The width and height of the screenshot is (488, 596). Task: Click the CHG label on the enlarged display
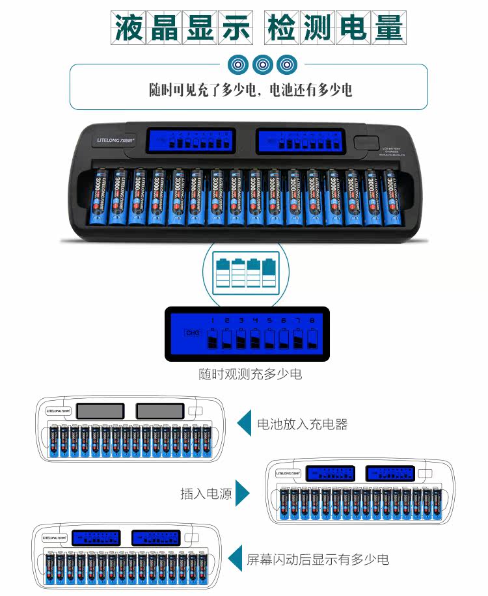[192, 333]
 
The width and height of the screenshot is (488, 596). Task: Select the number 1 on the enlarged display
[211, 320]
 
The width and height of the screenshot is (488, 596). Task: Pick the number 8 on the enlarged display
[313, 320]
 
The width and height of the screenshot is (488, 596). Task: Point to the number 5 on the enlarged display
[269, 320]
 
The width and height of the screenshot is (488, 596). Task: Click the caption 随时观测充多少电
[250, 374]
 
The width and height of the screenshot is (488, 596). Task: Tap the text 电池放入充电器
[303, 424]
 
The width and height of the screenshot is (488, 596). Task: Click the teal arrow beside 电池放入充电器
[245, 424]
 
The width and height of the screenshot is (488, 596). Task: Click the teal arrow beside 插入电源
[242, 493]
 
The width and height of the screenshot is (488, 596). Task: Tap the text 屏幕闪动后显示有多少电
[318, 558]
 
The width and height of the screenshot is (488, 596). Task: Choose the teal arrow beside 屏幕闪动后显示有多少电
[234, 558]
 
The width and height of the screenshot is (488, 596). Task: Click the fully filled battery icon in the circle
[267, 273]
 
